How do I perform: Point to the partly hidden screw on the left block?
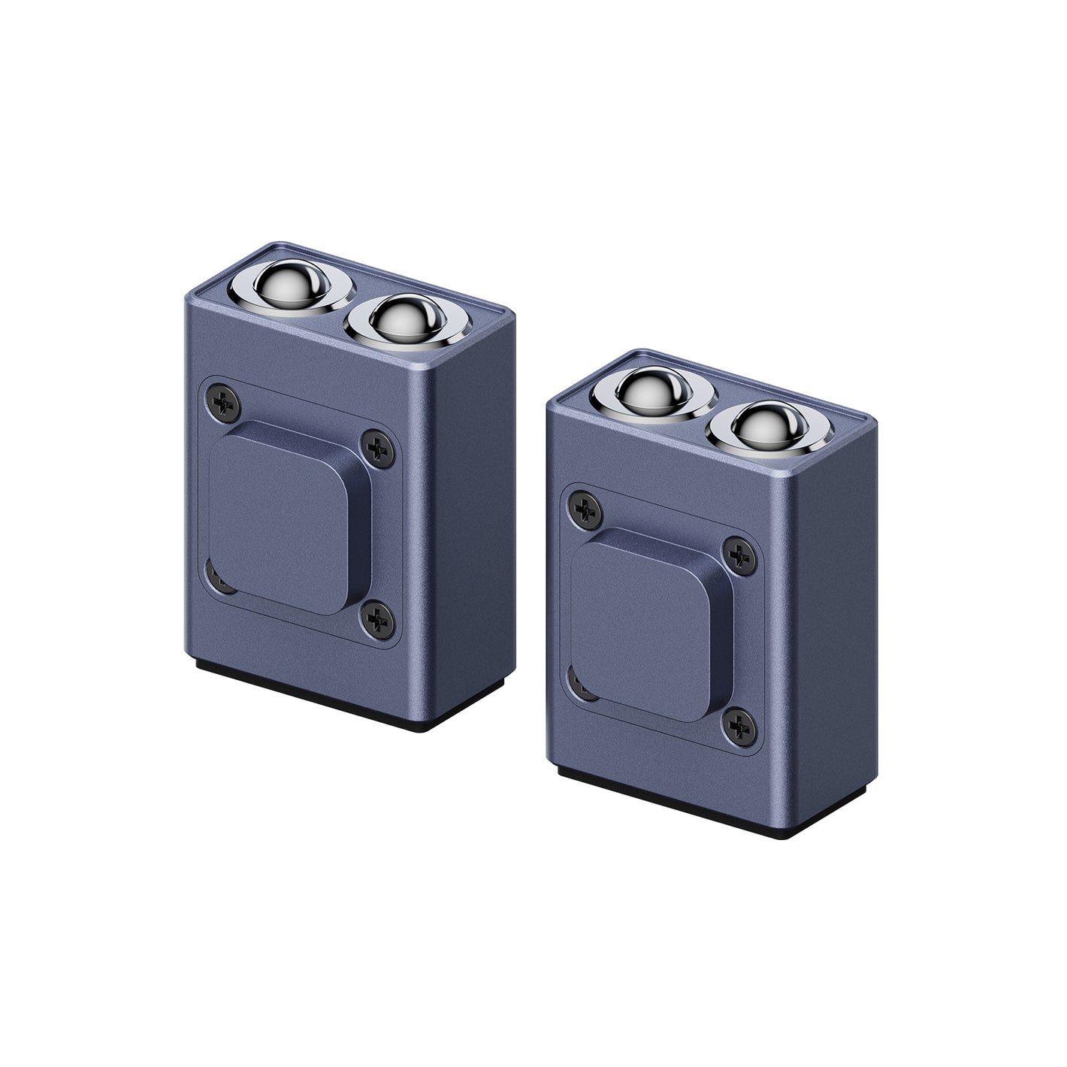click(216, 579)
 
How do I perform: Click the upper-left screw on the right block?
click(585, 509)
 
